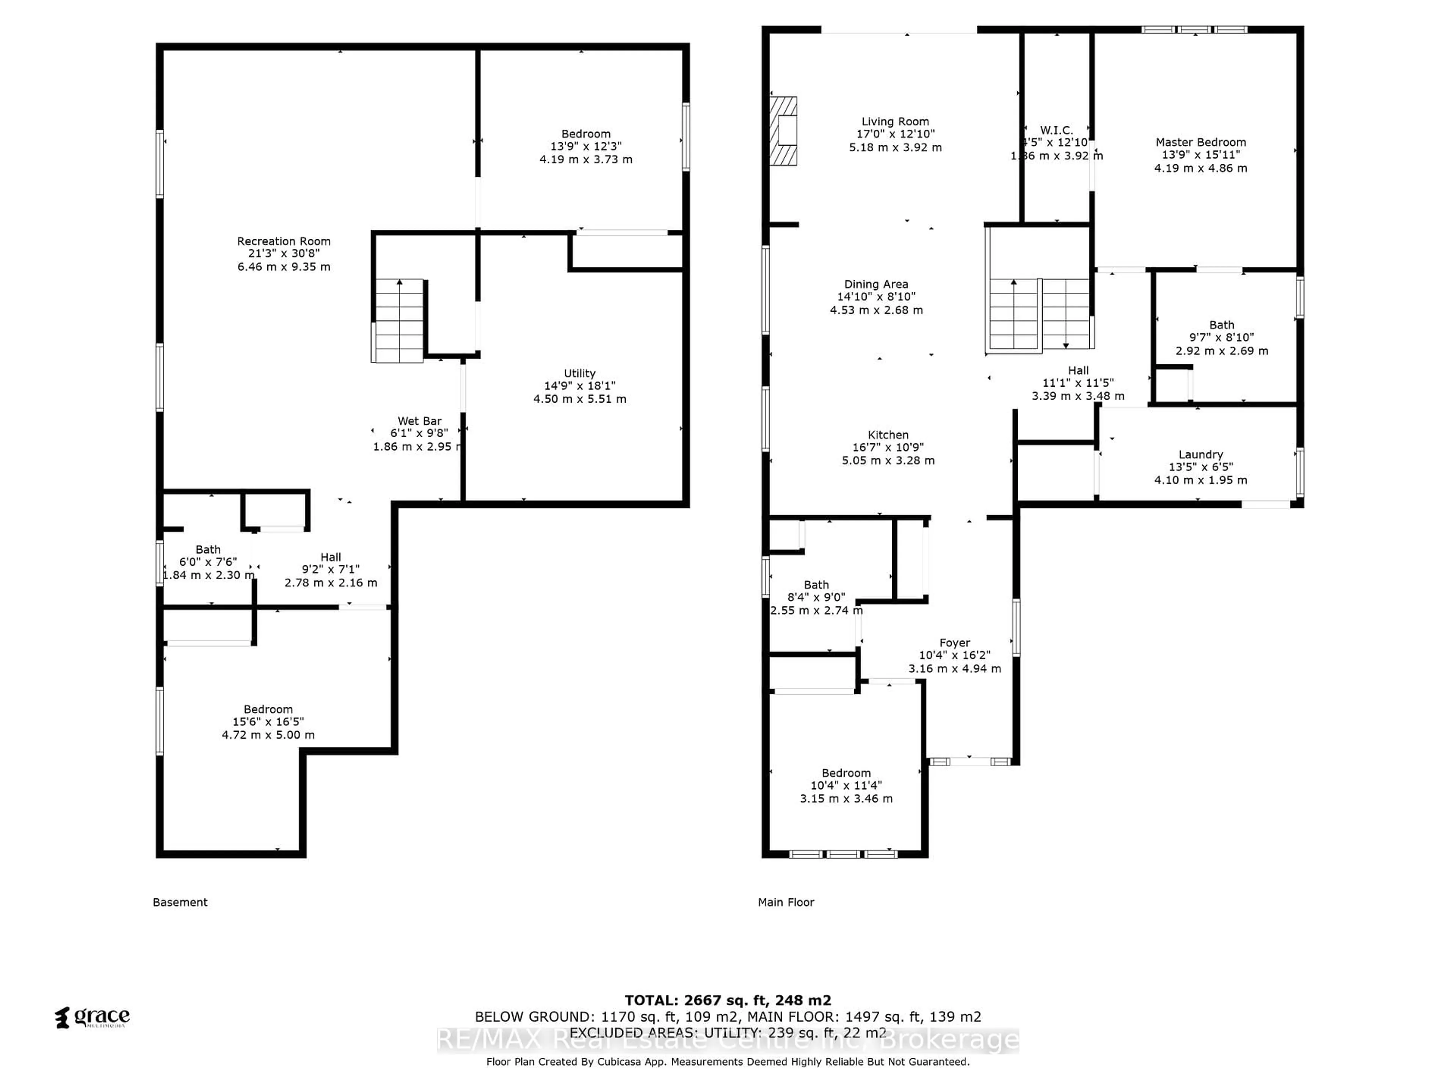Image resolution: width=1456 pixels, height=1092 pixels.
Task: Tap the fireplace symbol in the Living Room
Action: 784,131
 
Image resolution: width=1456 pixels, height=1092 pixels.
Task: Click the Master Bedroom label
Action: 1200,142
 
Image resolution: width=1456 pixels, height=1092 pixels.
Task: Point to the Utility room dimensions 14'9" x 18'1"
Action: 579,386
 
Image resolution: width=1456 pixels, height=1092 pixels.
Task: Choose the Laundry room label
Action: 1200,454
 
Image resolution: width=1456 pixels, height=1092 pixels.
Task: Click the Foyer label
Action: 954,642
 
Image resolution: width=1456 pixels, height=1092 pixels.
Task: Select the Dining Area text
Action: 876,284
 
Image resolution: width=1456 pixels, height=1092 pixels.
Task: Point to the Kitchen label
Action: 888,435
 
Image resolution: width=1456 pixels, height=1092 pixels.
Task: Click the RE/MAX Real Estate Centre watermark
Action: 727,1040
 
